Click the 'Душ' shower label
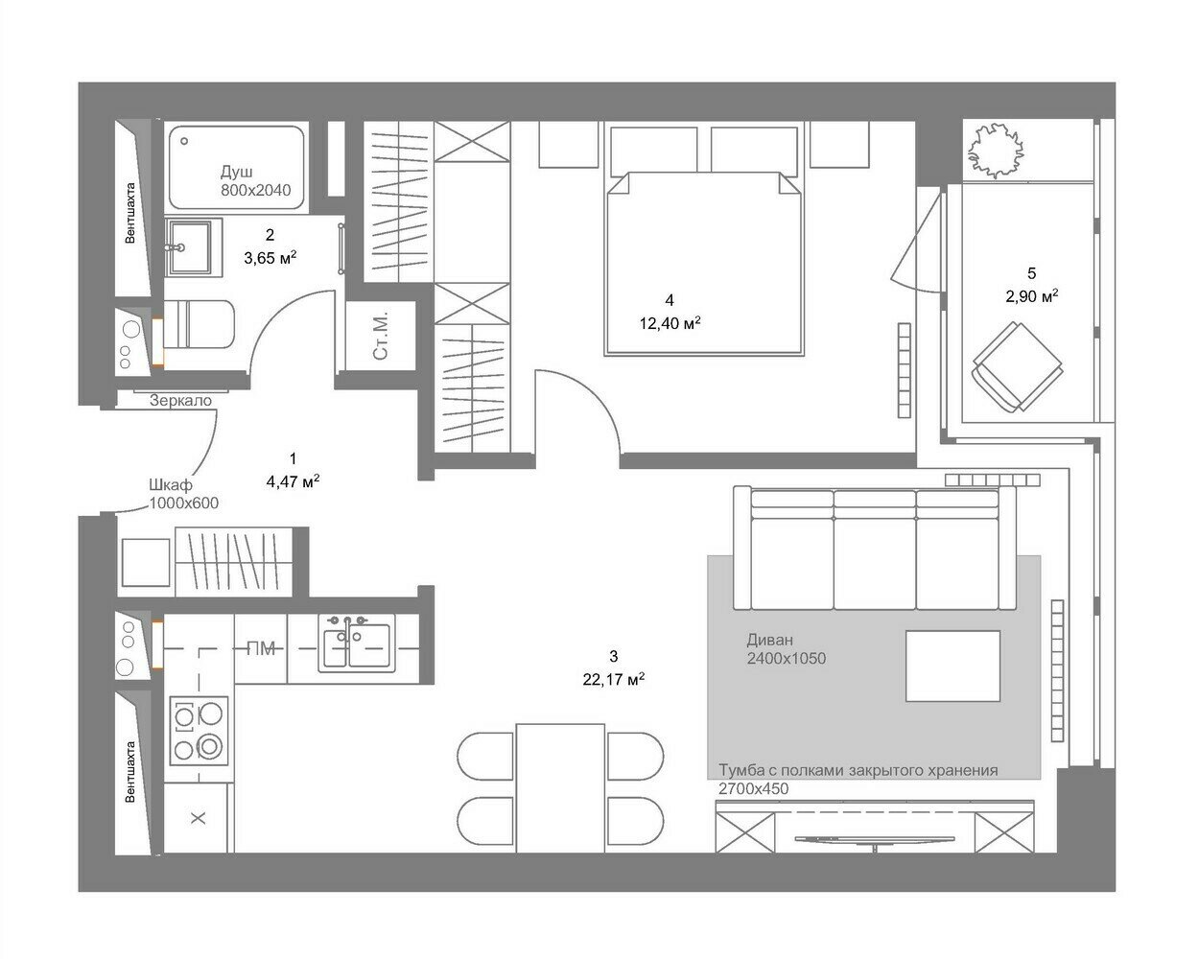click(236, 171)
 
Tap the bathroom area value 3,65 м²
click(270, 258)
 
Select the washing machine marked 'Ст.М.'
click(381, 336)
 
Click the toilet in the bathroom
click(199, 324)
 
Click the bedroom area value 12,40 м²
click(670, 323)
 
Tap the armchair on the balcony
click(1016, 366)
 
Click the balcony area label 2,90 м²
click(1032, 296)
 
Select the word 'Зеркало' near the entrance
click(180, 401)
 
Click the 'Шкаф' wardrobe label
click(171, 485)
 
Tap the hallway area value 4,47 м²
click(294, 481)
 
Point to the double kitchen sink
click(357, 643)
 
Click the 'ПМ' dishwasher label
click(261, 648)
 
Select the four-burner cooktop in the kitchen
click(199, 731)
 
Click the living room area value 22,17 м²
click(614, 680)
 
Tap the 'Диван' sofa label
click(770, 640)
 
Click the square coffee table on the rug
click(952, 666)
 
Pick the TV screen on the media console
click(874, 838)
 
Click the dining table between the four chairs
click(560, 788)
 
